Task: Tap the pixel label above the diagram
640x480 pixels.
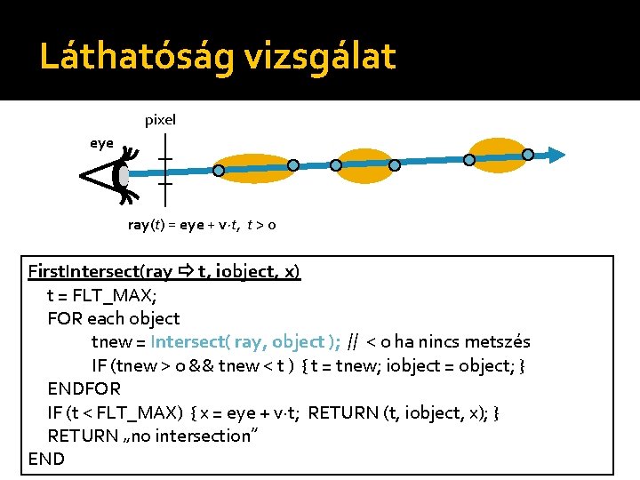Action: pyautogui.click(x=160, y=119)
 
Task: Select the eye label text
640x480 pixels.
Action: pyautogui.click(x=101, y=142)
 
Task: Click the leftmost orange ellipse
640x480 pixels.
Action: pyautogui.click(x=254, y=168)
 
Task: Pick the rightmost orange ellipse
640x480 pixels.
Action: pyautogui.click(x=497, y=155)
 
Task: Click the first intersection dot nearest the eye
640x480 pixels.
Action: pyautogui.click(x=218, y=169)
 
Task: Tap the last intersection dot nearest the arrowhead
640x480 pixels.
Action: pyautogui.click(x=527, y=155)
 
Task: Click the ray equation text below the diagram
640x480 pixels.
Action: pyautogui.click(x=201, y=225)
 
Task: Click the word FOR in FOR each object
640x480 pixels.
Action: pyautogui.click(x=63, y=318)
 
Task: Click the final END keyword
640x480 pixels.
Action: pyautogui.click(x=47, y=459)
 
